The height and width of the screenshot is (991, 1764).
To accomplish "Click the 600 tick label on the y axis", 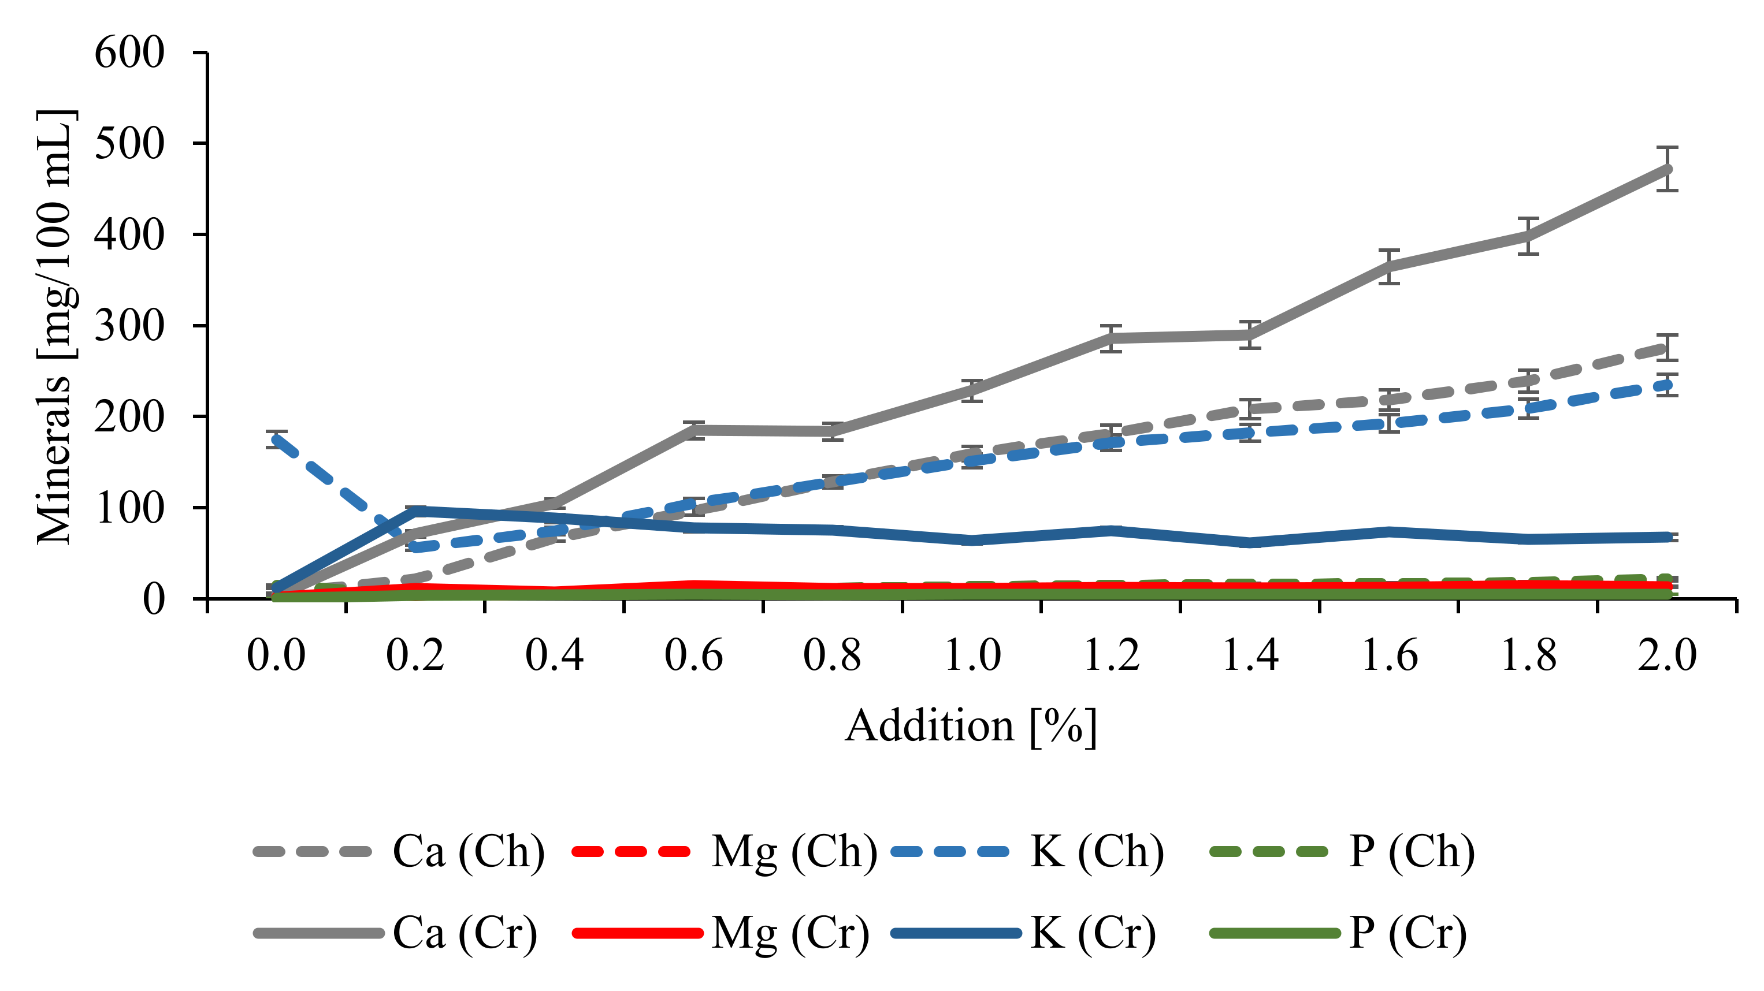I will tap(129, 53).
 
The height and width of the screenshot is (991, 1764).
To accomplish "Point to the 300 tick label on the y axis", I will tap(129, 326).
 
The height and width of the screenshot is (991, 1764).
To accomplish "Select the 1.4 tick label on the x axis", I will tap(1250, 655).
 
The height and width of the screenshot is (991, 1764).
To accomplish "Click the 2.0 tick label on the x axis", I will tap(1666, 655).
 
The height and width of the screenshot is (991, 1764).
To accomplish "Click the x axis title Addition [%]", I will tap(970, 725).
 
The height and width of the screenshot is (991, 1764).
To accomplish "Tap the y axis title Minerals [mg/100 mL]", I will tap(55, 326).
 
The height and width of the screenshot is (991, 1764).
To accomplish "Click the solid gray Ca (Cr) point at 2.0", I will tap(1666, 169).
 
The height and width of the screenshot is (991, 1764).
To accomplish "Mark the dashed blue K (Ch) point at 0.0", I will tap(276, 439).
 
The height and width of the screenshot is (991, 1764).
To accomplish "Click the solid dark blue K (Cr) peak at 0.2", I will tap(415, 511).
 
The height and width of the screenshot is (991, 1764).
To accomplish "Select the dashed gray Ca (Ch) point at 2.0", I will tap(1666, 348).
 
